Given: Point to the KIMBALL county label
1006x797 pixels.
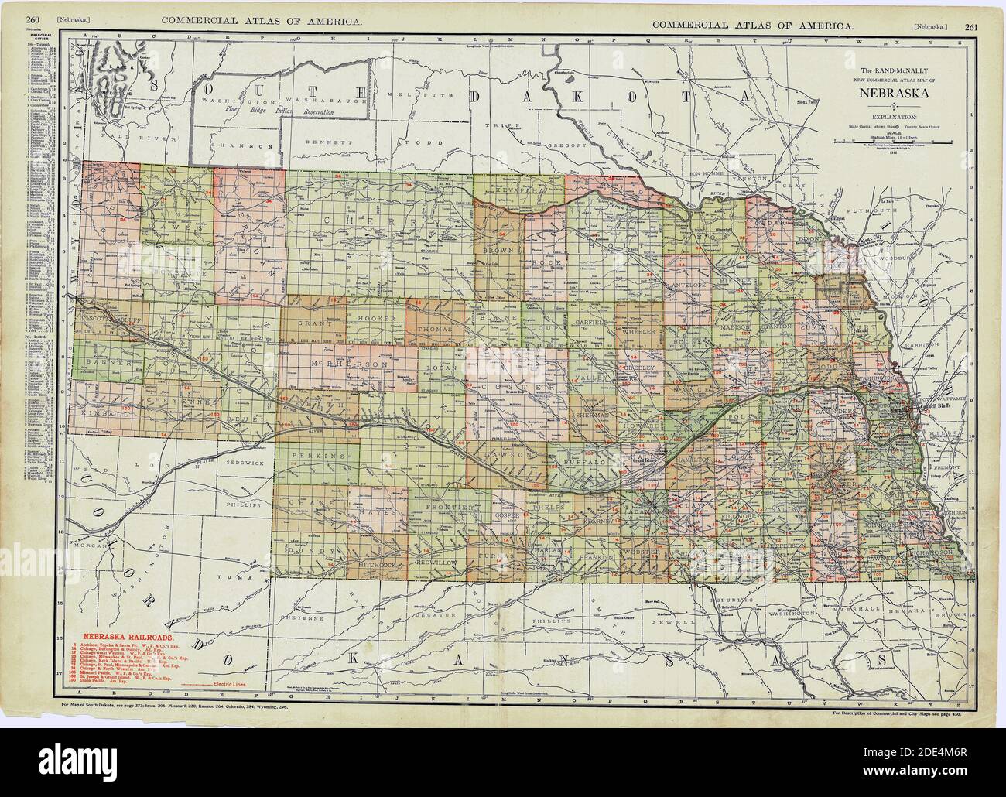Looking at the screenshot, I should (98, 415).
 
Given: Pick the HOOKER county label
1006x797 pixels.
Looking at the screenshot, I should (378, 319).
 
